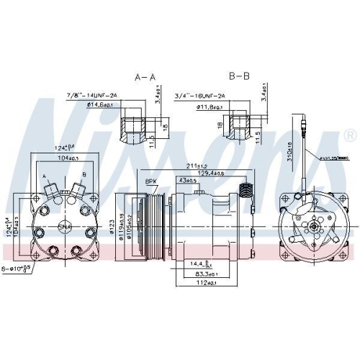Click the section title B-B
pyautogui.click(x=240, y=76)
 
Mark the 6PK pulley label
pyautogui.click(x=151, y=181)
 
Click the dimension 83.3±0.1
pyautogui.click(x=206, y=274)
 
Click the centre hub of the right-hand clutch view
pyautogui.click(x=315, y=228)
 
